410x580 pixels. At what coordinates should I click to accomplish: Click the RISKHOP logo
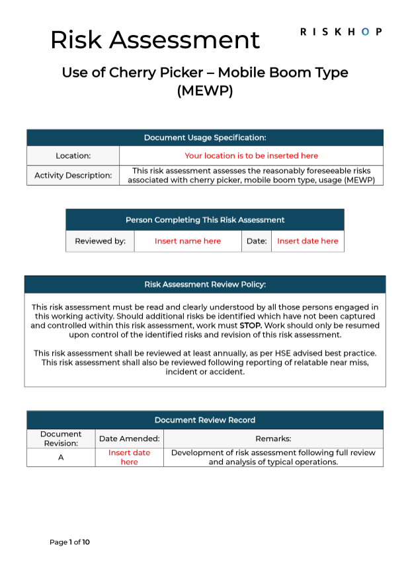[x=341, y=32]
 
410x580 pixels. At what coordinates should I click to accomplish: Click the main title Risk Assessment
[x=155, y=40]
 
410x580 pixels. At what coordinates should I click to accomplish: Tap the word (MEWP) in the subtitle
[x=205, y=91]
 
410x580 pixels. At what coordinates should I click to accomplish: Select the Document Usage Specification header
[x=205, y=138]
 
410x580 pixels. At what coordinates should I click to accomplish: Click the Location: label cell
[x=73, y=156]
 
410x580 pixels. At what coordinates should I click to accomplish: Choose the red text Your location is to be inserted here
[x=251, y=156]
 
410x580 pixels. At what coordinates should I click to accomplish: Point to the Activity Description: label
[x=73, y=175]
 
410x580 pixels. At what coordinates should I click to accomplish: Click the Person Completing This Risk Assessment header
[x=205, y=220]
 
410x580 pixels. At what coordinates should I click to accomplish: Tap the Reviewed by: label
[x=100, y=241]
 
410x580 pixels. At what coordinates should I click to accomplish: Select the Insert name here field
[x=188, y=241]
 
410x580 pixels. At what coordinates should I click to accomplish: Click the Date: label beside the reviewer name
[x=256, y=241]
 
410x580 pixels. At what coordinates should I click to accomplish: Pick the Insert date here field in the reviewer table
[x=307, y=241]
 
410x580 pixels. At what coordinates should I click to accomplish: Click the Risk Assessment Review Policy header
[x=205, y=284]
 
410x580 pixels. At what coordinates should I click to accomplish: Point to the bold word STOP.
[x=251, y=325]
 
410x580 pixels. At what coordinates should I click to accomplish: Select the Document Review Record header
[x=205, y=420]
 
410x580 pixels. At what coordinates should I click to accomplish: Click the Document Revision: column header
[x=61, y=438]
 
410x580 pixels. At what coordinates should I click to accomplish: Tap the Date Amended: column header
[x=130, y=438]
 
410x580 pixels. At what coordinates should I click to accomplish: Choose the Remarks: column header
[x=273, y=438]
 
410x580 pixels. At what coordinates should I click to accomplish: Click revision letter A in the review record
[x=61, y=458]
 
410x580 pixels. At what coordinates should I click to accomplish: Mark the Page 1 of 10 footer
[x=69, y=542]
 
